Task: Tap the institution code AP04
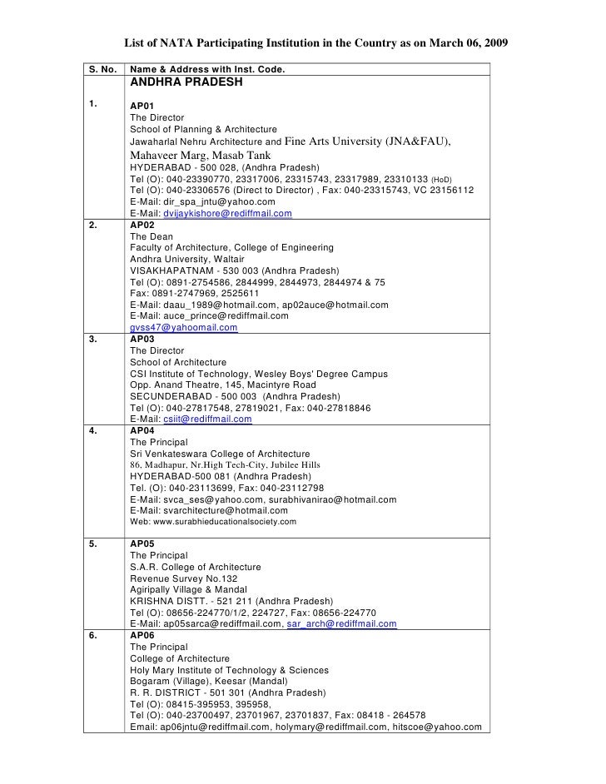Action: click(142, 430)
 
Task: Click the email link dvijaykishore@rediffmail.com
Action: click(226, 214)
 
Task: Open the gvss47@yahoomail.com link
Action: click(184, 328)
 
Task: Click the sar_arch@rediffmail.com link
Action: click(341, 623)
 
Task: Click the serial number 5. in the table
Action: click(96, 544)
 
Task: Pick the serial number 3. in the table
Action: click(96, 340)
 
